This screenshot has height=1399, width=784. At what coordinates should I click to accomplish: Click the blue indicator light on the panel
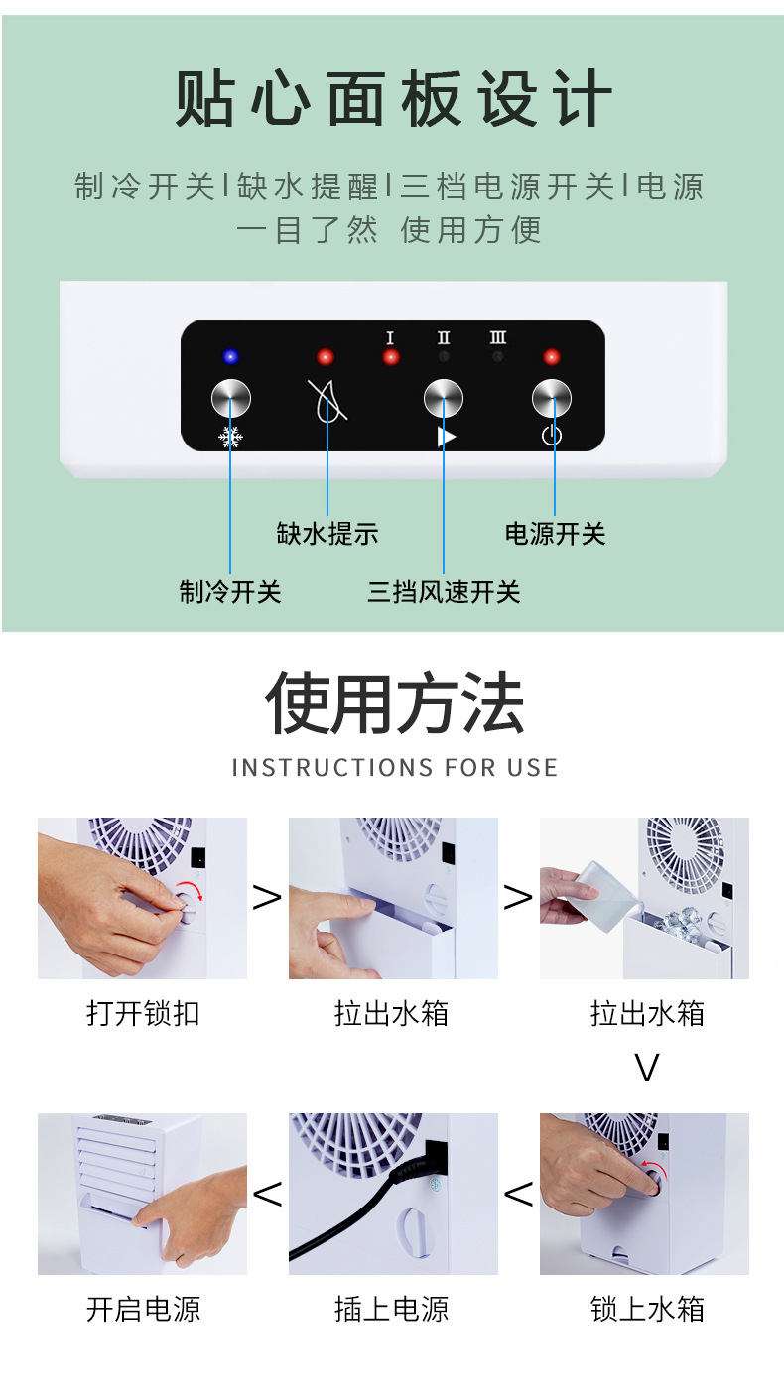pos(231,357)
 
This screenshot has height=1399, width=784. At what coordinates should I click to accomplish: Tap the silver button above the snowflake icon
pos(231,400)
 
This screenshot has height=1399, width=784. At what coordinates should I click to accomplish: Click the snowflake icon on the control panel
pos(231,437)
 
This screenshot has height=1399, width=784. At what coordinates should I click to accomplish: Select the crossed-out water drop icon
pos(327,401)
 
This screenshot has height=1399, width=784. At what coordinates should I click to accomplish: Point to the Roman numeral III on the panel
pos(498,338)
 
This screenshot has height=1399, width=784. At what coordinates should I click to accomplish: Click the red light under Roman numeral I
pos(390,357)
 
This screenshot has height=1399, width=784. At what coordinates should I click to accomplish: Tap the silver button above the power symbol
pos(552,399)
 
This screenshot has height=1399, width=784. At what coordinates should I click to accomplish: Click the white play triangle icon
pos(447,437)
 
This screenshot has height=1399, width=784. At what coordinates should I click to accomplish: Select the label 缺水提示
pos(327,534)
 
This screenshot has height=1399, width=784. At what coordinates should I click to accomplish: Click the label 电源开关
pos(555,534)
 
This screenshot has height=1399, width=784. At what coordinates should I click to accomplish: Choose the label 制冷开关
pos(230,592)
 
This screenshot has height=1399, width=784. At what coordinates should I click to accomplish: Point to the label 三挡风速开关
pos(444,592)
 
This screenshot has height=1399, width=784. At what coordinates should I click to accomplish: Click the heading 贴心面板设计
pos(393,99)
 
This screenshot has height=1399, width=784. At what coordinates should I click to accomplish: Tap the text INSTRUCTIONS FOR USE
pos(394,767)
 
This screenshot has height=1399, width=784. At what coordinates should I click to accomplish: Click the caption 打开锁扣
pos(143,1013)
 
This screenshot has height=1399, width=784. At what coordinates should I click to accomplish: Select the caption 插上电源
pos(392,1309)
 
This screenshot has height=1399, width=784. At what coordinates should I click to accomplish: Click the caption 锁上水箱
pos(647,1309)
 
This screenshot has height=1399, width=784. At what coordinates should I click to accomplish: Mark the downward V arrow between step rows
pos(647,1068)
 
